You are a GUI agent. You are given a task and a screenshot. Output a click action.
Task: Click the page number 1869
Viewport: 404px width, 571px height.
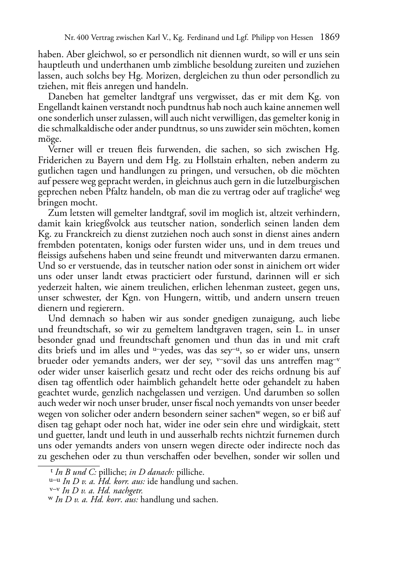click(330, 37)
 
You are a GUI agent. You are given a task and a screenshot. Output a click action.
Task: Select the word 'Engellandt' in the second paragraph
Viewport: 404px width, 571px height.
click(57, 108)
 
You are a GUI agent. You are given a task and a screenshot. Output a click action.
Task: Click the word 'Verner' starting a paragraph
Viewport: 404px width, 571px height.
click(60, 150)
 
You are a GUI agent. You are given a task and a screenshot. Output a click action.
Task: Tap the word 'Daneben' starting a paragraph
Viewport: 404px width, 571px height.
click(63, 97)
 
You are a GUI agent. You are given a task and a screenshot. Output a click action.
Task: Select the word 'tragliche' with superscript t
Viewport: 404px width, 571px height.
click(304, 192)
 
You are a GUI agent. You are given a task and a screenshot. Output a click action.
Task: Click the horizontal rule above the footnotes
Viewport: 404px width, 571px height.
click(68, 466)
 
